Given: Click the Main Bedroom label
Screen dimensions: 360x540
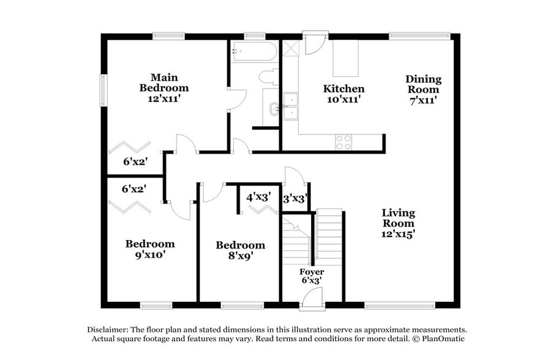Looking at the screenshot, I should (x=164, y=88).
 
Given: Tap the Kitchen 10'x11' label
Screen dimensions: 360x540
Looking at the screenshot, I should (x=343, y=94).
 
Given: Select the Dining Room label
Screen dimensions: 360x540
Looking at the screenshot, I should (x=423, y=89).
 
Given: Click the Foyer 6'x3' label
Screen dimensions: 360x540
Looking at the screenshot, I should (x=312, y=276).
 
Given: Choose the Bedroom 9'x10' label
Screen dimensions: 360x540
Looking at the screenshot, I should (x=150, y=249).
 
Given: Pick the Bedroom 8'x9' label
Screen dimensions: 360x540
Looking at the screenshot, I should (x=240, y=250).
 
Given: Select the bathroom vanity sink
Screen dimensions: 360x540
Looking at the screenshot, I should (x=272, y=111).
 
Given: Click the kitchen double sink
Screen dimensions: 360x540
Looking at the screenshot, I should (x=290, y=106).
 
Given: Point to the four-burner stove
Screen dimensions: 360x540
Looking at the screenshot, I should (x=344, y=142).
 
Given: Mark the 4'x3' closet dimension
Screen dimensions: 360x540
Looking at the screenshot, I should (x=258, y=198).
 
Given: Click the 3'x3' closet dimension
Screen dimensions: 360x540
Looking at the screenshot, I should (x=294, y=198).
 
